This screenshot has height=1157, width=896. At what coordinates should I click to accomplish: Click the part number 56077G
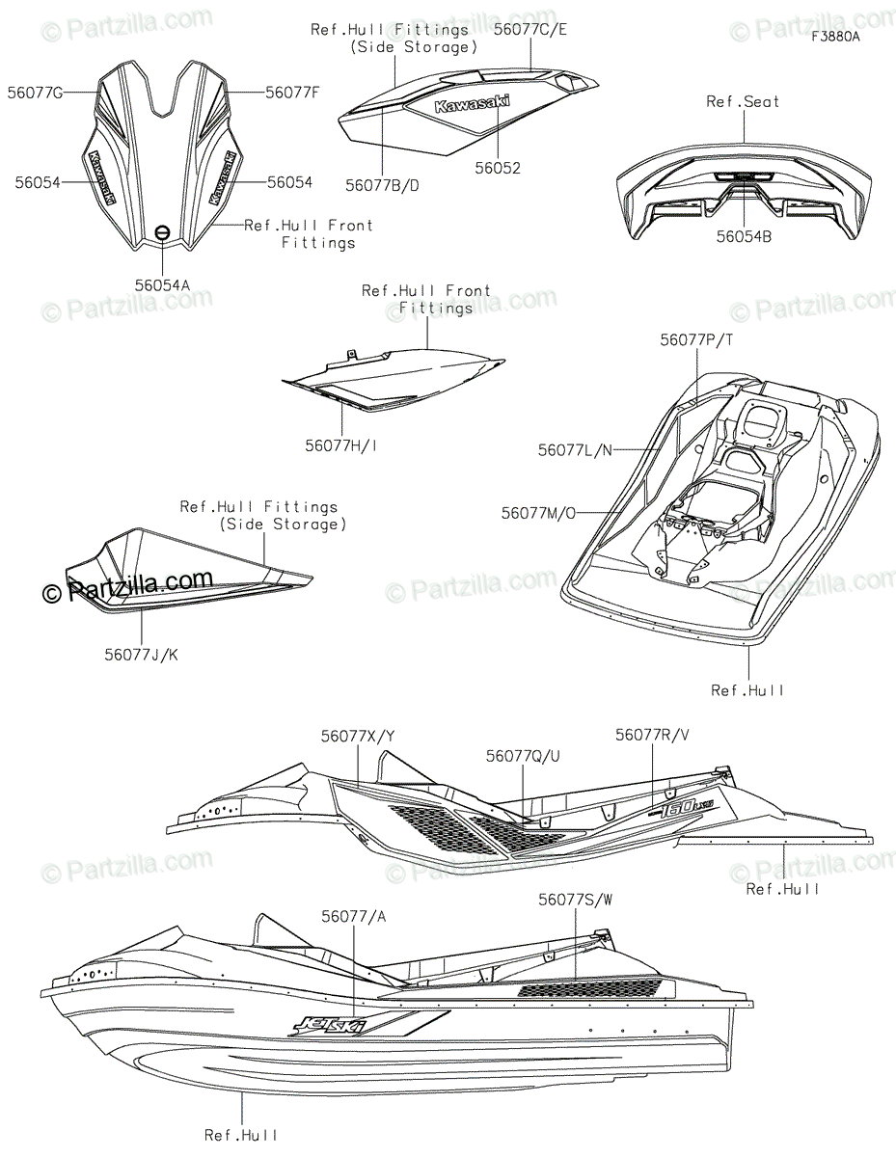tap(36, 93)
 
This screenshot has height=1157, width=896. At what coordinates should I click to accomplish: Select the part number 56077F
tap(291, 93)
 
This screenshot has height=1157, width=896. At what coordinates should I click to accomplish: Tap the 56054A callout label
tap(163, 284)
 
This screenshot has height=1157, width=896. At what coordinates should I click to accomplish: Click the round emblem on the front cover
tap(163, 231)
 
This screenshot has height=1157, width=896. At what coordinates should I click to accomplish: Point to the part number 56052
tap(499, 168)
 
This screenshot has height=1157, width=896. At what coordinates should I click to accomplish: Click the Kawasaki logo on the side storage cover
tap(473, 106)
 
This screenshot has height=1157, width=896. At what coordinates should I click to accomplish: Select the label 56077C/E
tap(529, 29)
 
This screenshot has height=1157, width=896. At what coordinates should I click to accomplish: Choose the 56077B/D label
tap(383, 185)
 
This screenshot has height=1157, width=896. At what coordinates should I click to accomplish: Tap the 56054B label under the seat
tap(745, 234)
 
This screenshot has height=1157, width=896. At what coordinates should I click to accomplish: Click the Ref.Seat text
tap(743, 101)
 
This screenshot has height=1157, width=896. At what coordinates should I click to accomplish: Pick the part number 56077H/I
tap(342, 444)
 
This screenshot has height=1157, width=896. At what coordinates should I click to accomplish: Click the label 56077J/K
tap(142, 655)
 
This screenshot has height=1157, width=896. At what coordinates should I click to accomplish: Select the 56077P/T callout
tap(697, 339)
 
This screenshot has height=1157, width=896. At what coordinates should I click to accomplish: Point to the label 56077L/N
tap(576, 449)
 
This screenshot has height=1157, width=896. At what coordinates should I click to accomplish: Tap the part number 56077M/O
tap(538, 513)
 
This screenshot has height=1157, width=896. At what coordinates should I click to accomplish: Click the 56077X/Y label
tap(358, 736)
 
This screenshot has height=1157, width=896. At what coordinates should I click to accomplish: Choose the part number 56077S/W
tap(576, 900)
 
